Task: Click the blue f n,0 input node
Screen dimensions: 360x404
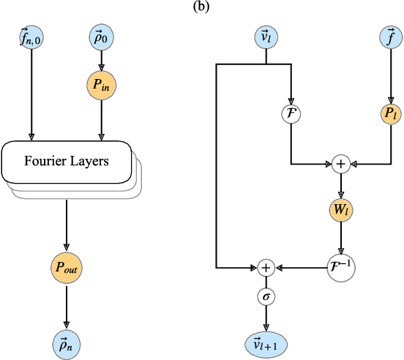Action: click(31, 37)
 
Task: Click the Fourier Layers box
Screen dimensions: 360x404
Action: click(67, 160)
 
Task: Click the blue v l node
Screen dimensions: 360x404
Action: click(266, 37)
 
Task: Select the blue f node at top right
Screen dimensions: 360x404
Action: click(388, 37)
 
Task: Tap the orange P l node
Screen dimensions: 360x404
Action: click(388, 114)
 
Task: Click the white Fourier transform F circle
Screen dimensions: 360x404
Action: click(291, 114)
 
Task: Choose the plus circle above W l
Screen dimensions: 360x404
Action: click(340, 164)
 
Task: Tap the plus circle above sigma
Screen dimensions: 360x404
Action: click(266, 268)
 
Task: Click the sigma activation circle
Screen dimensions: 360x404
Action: click(266, 297)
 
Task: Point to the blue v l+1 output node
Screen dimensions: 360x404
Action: click(266, 342)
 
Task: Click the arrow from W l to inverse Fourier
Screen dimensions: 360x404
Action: click(340, 239)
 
